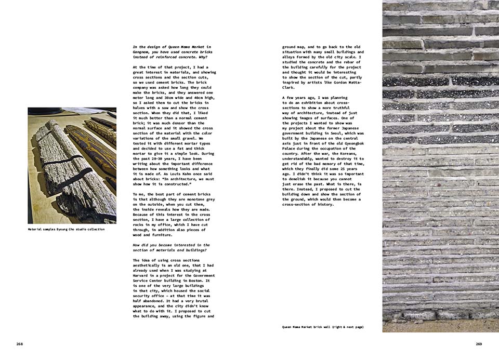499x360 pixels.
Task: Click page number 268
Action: (x=19, y=344)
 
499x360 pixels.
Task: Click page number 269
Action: (x=479, y=344)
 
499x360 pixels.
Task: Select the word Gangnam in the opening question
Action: (x=141, y=51)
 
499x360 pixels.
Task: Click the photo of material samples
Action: (x=72, y=165)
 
